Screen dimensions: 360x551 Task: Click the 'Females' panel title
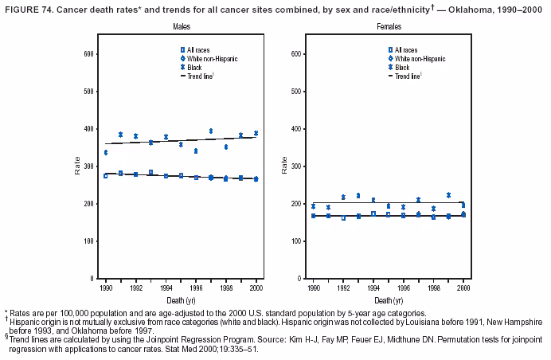pyautogui.click(x=389, y=27)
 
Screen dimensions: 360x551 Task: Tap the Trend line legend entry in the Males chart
pyautogui.click(x=196, y=76)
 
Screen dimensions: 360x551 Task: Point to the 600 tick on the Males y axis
pyautogui.click(x=90, y=54)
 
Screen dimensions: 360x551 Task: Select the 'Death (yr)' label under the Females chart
pyautogui.click(x=389, y=301)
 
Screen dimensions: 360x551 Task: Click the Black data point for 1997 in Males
pyautogui.click(x=211, y=131)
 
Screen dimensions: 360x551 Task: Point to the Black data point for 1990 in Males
pyautogui.click(x=106, y=152)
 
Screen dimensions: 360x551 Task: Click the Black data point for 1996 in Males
pyautogui.click(x=196, y=151)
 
